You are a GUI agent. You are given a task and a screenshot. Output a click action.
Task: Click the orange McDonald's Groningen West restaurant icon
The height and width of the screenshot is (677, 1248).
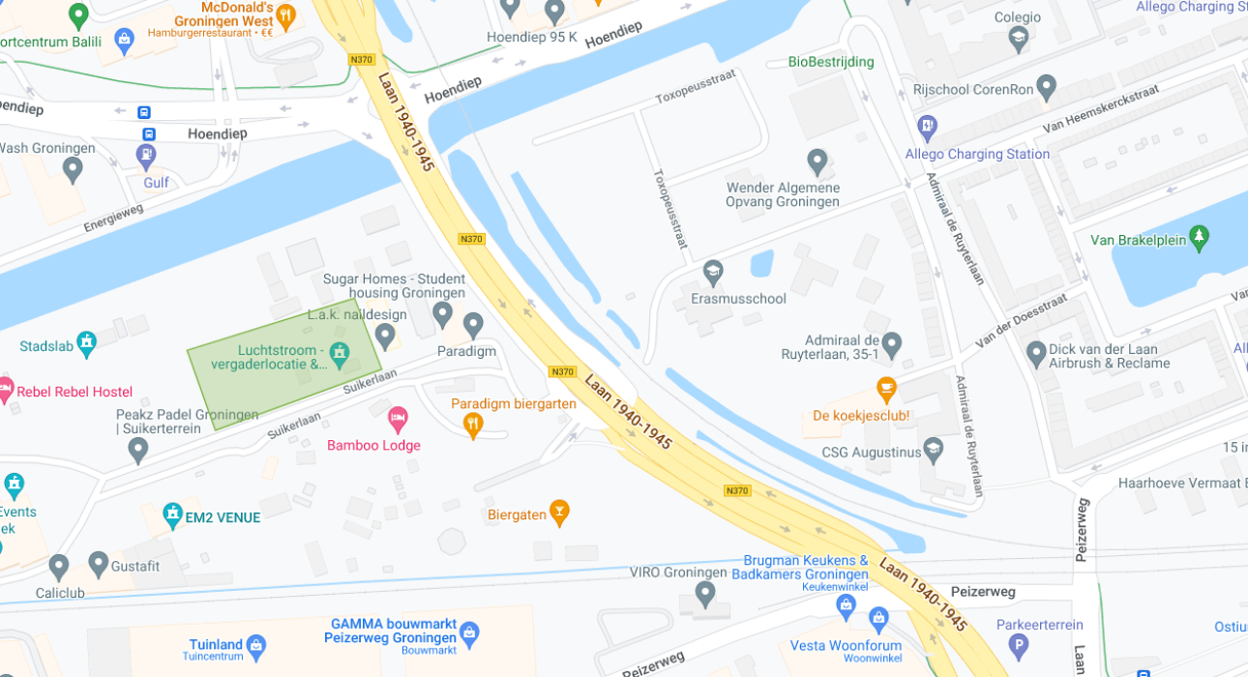point(285,15)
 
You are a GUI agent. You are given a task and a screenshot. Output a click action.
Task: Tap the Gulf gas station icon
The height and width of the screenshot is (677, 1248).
point(146,154)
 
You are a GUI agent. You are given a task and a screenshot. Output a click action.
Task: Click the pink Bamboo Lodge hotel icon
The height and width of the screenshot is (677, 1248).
point(398,419)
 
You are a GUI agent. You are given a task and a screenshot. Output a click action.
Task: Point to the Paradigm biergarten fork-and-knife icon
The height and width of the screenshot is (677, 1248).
point(472,424)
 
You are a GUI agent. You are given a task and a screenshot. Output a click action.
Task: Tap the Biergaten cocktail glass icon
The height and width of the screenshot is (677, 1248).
point(558,511)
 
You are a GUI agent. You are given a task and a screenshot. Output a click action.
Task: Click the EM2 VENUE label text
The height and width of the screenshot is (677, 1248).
point(223,517)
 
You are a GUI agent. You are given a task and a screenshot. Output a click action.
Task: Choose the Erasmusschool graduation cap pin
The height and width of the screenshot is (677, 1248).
point(713,272)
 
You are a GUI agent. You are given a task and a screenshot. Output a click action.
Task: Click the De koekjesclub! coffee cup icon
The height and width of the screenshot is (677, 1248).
point(885,389)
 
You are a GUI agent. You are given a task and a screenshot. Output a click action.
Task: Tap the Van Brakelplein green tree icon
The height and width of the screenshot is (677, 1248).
point(1200,235)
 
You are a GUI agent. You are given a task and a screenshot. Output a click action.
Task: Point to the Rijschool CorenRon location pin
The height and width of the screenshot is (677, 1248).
point(1046,86)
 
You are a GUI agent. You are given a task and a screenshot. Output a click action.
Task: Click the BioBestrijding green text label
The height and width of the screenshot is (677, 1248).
point(830,62)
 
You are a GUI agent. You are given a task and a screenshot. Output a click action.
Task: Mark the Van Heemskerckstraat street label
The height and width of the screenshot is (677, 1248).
point(1100,109)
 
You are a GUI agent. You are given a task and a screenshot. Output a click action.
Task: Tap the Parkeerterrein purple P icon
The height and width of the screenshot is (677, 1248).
point(1017,646)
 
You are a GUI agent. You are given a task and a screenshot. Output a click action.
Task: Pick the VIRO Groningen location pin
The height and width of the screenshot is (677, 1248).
point(705,592)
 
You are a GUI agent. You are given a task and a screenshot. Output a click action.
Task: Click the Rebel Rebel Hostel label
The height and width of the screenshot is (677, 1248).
point(74,392)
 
